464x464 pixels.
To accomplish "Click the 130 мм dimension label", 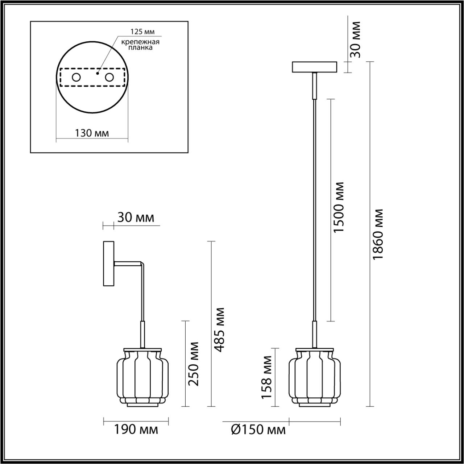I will coord(92,133).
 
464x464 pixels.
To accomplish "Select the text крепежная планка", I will coord(141,45).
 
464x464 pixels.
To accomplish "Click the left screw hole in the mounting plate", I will coord(76,77).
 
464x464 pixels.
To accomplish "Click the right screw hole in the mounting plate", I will coord(109,77).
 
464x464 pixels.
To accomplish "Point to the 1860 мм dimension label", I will coord(378,235).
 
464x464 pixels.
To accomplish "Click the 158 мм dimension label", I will coord(267,377).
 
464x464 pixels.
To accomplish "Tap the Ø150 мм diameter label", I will coord(258,430).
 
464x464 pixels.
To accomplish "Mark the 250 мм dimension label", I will coord(194,364).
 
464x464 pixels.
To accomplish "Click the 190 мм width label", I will coord(136,430).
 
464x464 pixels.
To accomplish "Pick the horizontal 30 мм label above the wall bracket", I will coord(136,217).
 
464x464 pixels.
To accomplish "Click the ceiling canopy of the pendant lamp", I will coord(315,67).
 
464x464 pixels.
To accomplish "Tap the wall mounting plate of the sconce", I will coord(109,263).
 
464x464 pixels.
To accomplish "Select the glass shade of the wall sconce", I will coord(142,378).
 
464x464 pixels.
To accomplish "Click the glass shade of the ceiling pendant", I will coord(314,378).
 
